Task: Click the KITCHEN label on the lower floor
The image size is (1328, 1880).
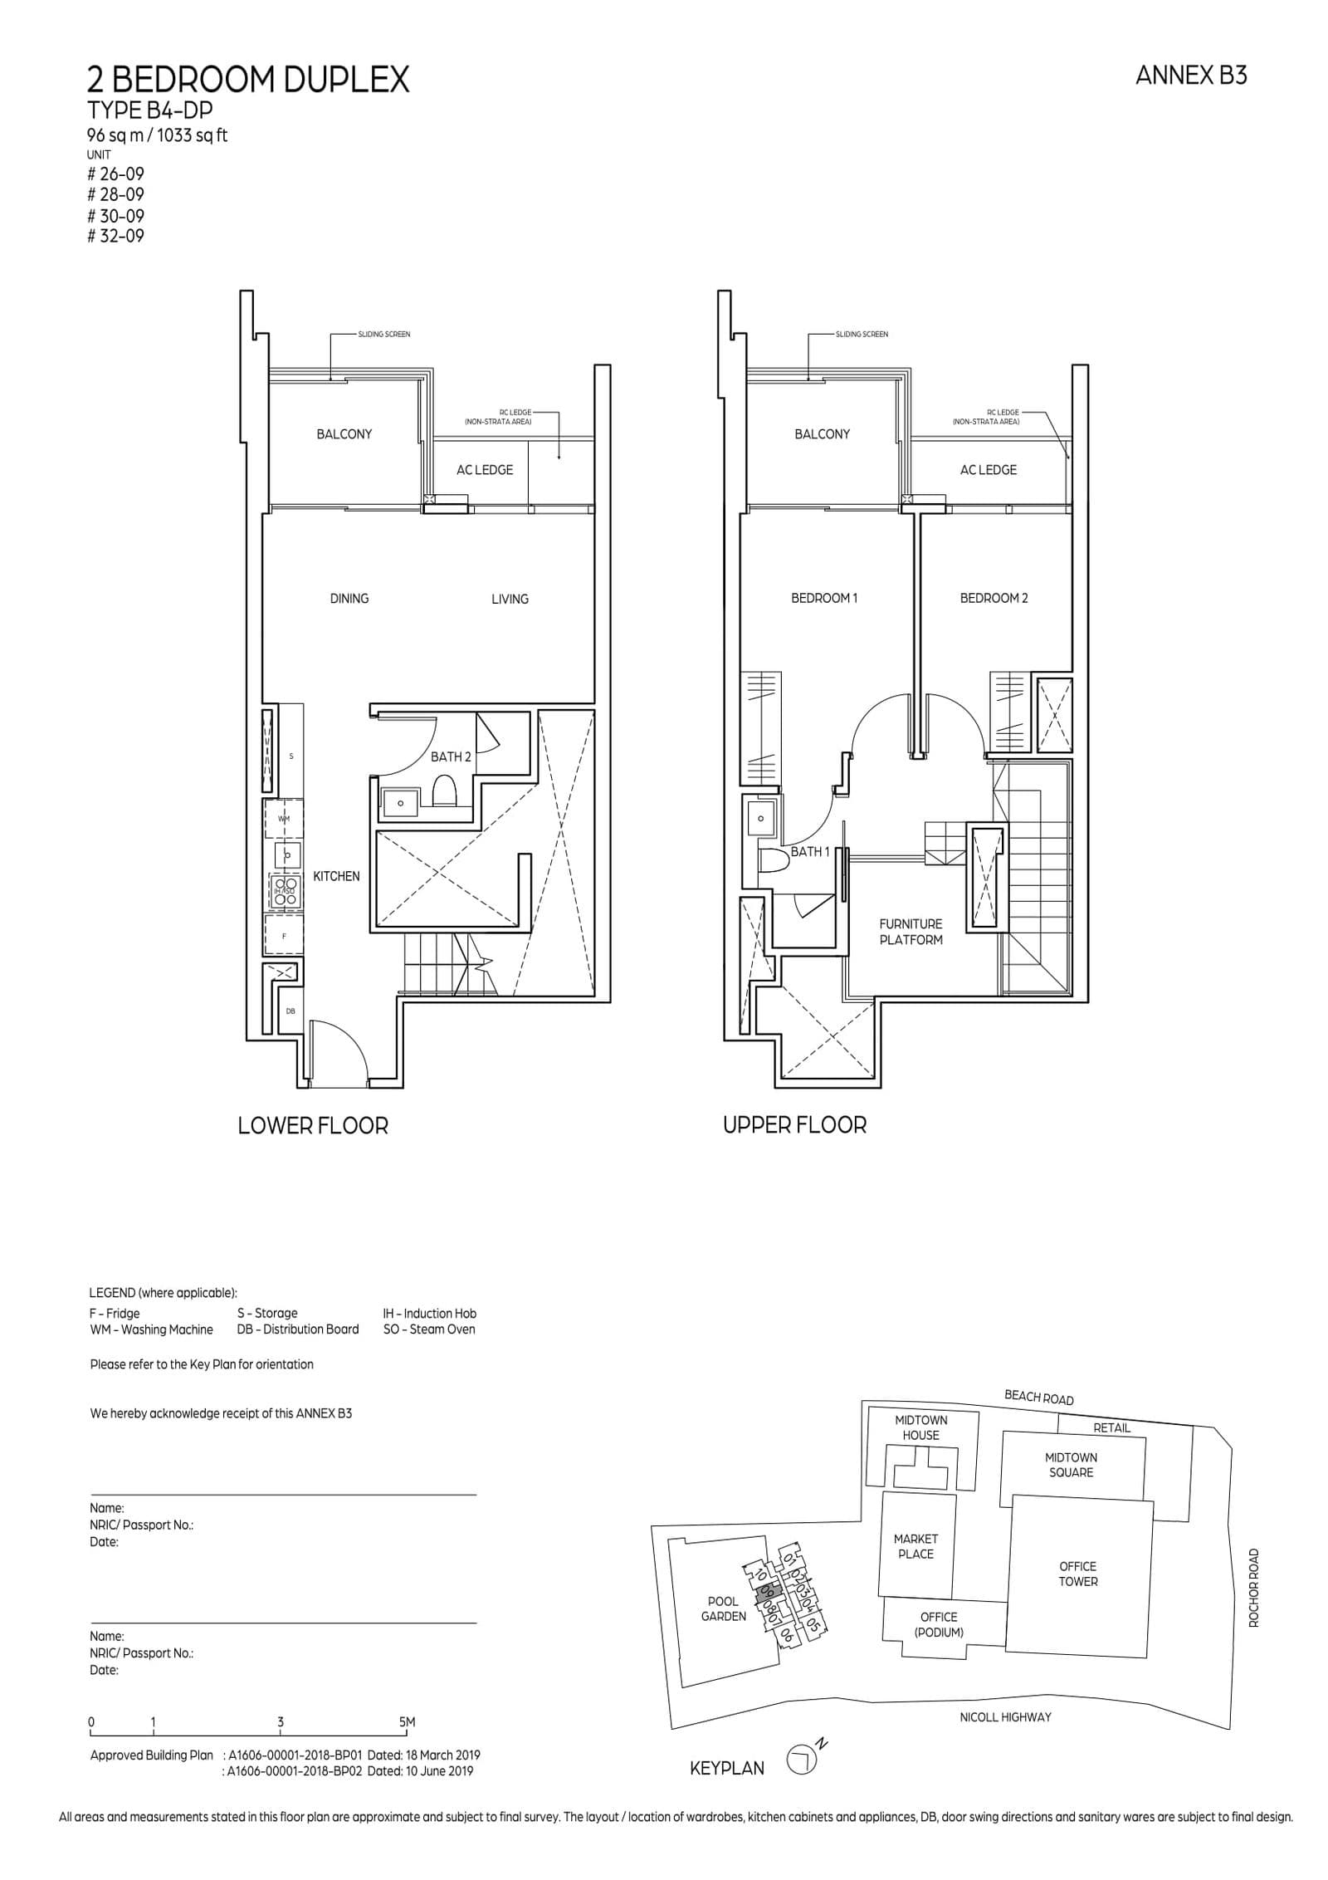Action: pos(336,876)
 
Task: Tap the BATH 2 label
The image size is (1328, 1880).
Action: pos(451,756)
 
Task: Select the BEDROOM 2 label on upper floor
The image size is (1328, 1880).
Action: pos(994,598)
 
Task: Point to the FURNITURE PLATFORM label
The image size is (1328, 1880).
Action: pos(911,932)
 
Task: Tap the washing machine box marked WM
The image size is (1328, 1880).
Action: pos(284,819)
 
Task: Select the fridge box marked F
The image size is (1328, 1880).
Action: pos(284,936)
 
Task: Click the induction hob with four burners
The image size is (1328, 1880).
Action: pos(285,891)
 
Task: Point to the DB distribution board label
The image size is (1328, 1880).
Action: pos(290,1011)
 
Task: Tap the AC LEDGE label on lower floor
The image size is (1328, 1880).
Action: pos(485,470)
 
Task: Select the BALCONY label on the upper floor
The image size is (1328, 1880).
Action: pos(822,434)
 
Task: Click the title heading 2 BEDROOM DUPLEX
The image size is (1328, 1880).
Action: pos(248,80)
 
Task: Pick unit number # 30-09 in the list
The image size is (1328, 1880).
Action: pos(116,216)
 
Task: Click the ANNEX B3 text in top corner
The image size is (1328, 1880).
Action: pos(1191,76)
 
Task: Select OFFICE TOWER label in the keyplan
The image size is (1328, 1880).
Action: pos(1077,1574)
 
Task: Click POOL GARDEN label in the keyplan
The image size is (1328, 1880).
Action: pos(723,1608)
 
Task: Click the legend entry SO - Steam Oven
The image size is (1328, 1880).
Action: pos(429,1329)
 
